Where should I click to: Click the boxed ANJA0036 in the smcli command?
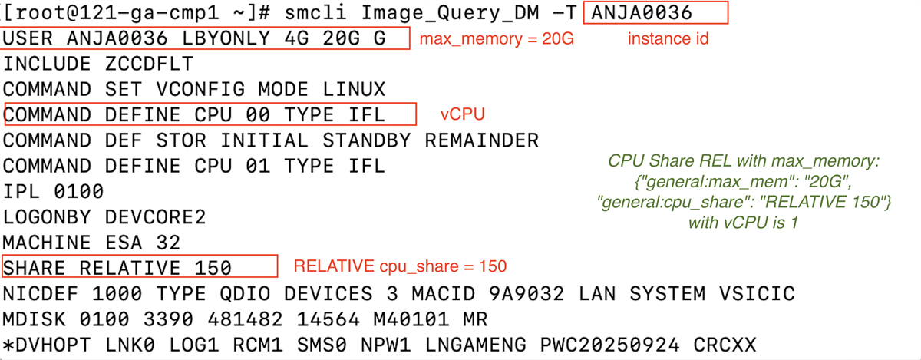642,13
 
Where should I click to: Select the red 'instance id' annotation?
668,38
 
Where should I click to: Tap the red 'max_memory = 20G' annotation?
497,39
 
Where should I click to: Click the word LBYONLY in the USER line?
226,38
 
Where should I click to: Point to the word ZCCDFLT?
149,64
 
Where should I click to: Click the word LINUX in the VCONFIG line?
354,89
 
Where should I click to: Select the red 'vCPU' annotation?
463,114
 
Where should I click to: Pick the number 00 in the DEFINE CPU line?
258,115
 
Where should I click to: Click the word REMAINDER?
481,140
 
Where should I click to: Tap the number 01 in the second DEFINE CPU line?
258,166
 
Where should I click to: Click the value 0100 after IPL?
78,192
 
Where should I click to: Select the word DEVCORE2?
155,217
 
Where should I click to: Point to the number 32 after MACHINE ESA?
168,243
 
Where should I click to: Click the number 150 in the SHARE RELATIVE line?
213,268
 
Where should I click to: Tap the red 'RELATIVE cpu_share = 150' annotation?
400,266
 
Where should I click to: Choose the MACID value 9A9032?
527,294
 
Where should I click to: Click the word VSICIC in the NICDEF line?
757,294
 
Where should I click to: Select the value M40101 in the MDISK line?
411,319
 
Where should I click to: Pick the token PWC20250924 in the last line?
609,345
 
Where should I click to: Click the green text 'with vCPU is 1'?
744,223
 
